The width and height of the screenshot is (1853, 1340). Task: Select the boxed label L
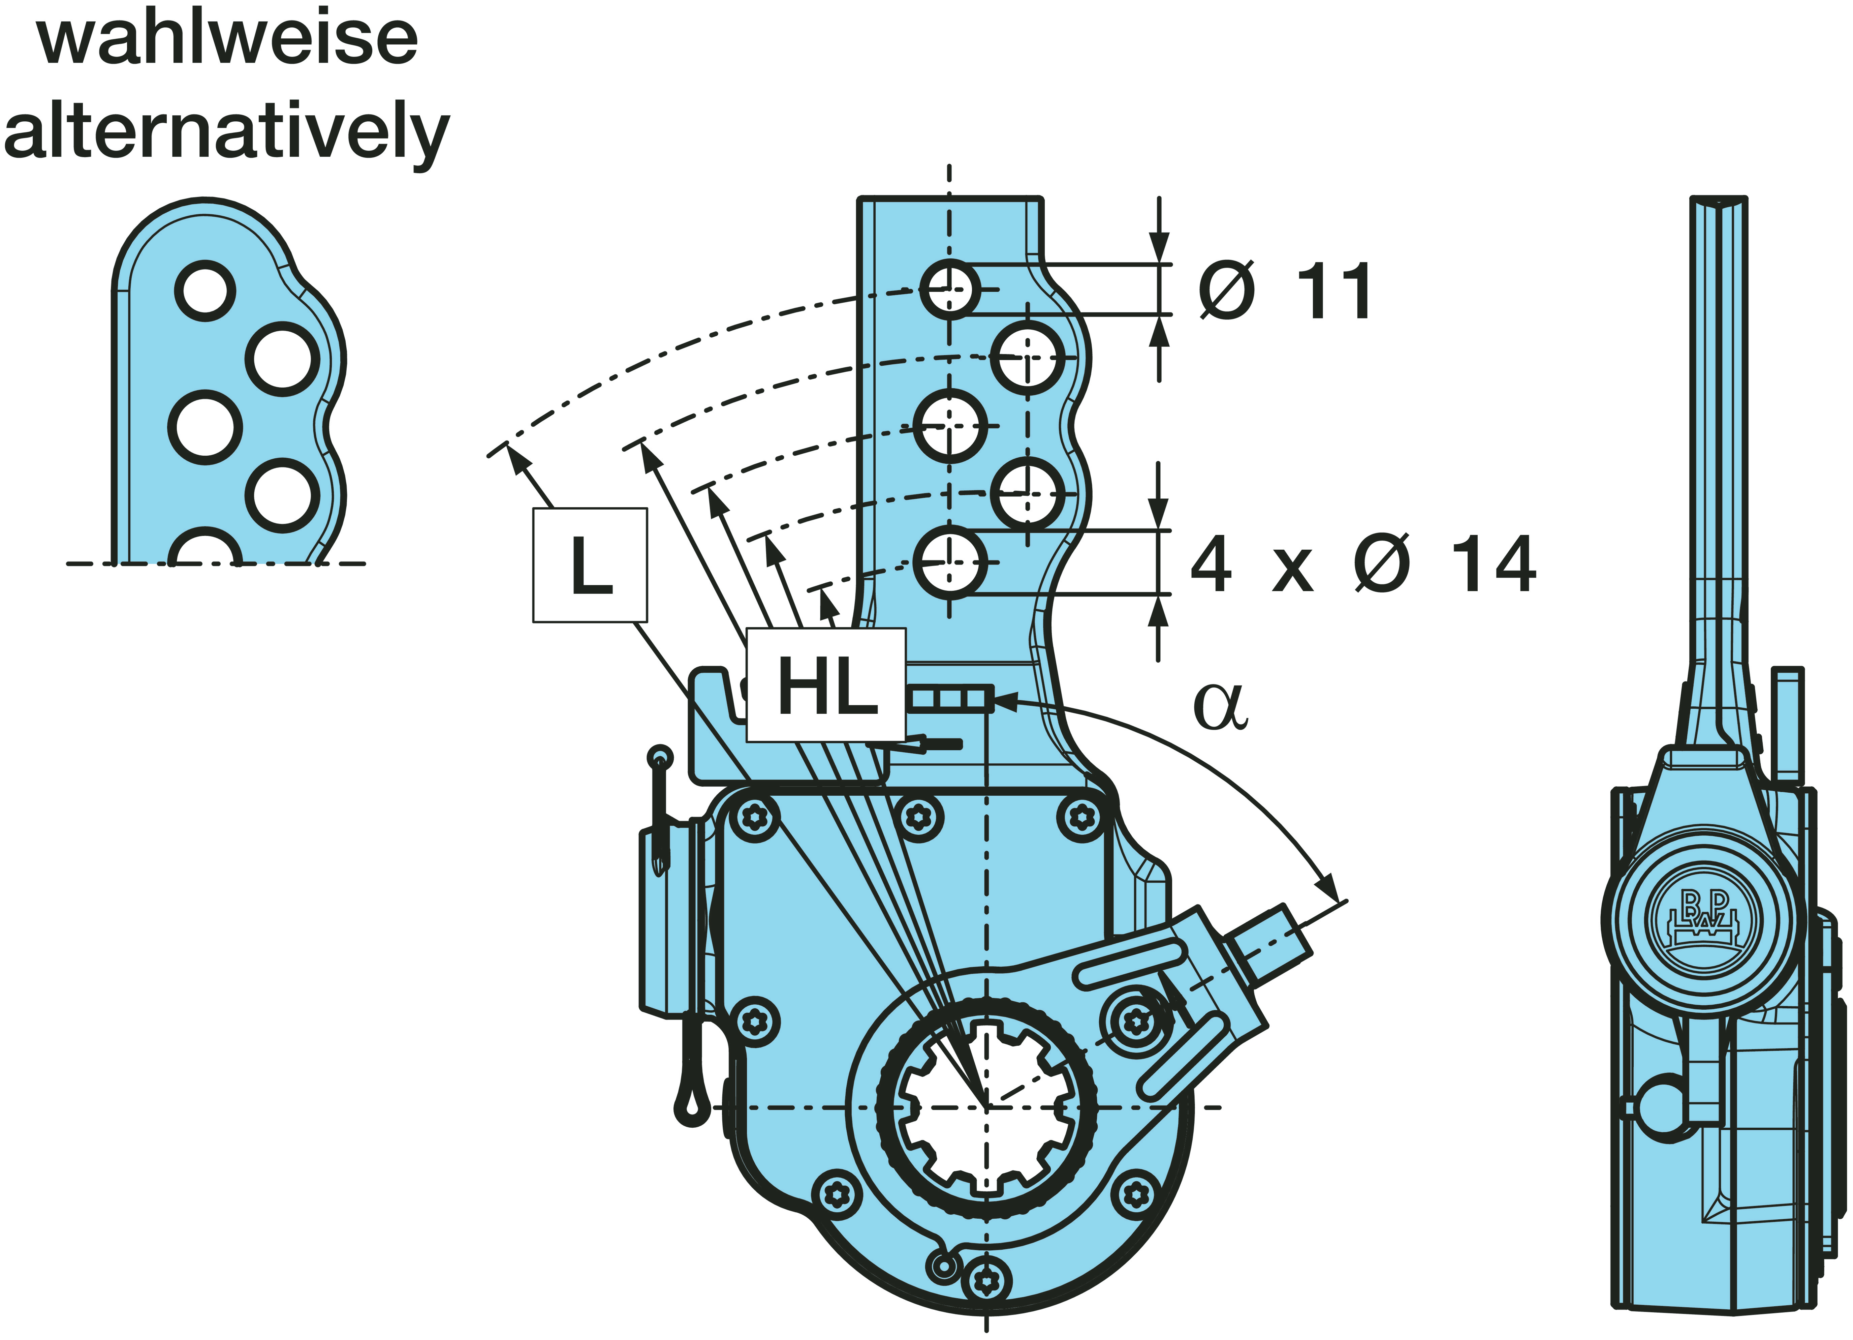(x=590, y=566)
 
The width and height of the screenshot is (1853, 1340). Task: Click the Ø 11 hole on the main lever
(x=949, y=288)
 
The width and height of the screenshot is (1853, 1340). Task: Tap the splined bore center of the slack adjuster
(x=986, y=1107)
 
